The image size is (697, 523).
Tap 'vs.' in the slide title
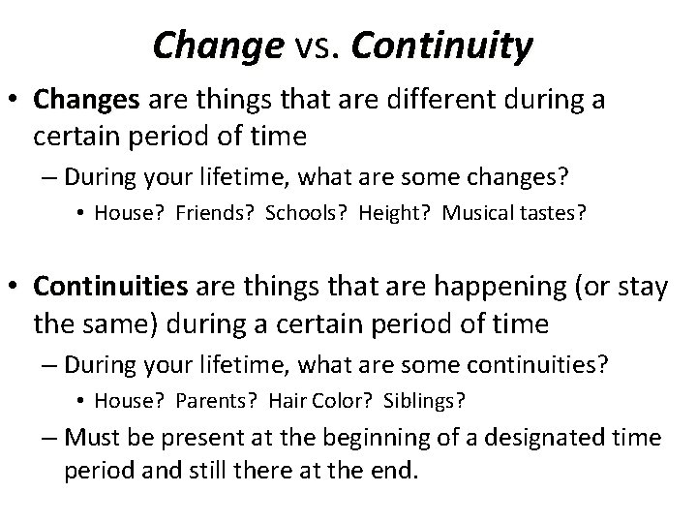tap(305, 46)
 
